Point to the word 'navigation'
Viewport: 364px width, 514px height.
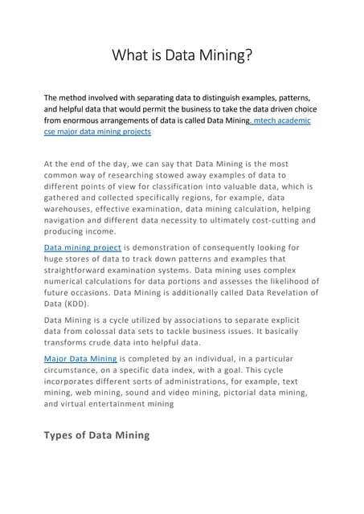point(71,219)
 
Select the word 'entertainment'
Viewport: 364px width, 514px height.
point(141,405)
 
